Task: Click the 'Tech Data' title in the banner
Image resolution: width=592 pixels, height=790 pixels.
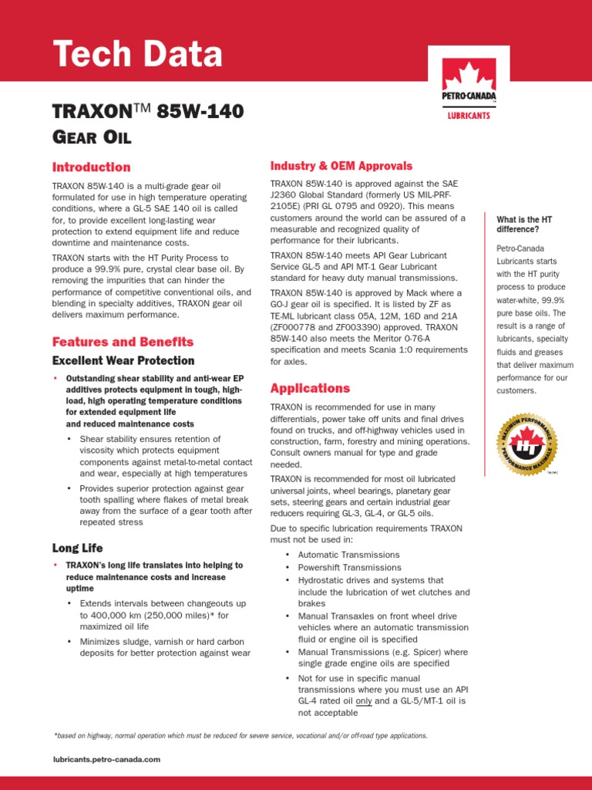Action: click(x=137, y=55)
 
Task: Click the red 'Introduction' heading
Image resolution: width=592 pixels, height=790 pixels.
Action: click(x=91, y=167)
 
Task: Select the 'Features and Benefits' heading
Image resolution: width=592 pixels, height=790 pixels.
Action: click(x=123, y=342)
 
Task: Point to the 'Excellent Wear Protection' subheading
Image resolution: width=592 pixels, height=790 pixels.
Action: click(x=123, y=360)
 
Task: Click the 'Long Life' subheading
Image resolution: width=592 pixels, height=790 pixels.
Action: click(x=77, y=548)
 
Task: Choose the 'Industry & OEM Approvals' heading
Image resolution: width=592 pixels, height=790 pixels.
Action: click(x=341, y=166)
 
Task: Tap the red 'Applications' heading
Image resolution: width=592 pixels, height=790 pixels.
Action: click(x=310, y=388)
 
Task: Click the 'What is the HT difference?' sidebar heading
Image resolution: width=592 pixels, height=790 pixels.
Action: click(x=524, y=225)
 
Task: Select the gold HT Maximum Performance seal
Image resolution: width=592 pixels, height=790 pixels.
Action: click(x=525, y=445)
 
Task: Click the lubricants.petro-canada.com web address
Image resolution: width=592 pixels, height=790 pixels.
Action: click(x=106, y=759)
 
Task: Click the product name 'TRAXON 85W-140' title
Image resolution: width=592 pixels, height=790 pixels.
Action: click(x=147, y=112)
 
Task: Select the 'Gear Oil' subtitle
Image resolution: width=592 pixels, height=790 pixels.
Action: click(x=91, y=137)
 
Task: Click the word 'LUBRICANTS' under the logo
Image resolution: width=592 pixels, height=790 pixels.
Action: click(x=469, y=116)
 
